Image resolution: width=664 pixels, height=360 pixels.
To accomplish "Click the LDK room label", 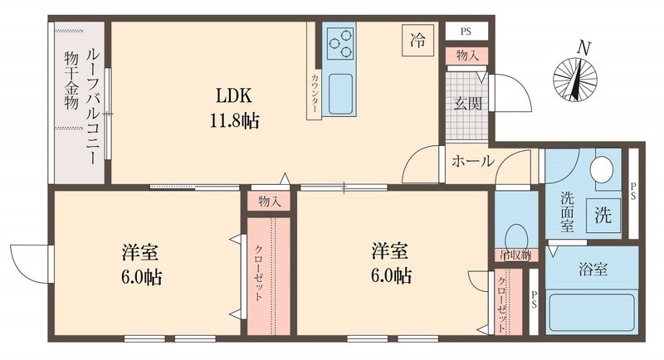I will click(236, 94).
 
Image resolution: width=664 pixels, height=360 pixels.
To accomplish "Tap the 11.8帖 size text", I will click(236, 120).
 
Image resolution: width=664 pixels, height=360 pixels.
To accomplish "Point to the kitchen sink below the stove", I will click(340, 93).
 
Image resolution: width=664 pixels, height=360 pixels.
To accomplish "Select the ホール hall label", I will click(472, 161).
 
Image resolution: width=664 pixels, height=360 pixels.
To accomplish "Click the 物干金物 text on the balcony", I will click(70, 81).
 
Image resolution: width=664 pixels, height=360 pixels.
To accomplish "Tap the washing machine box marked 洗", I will click(603, 216).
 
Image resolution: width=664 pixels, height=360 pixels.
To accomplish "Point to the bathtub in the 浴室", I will click(592, 311).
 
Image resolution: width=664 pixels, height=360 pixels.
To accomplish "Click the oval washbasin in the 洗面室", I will click(601, 170).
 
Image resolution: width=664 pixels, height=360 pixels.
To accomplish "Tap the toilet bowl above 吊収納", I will click(516, 235).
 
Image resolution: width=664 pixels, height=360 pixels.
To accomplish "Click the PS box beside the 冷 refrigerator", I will click(466, 32).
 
